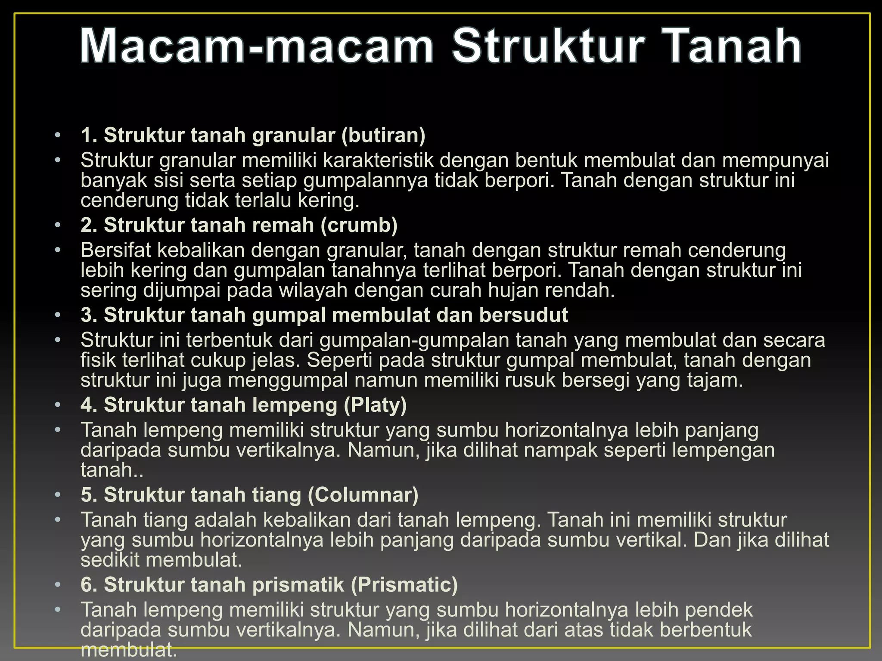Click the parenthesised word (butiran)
[383, 135]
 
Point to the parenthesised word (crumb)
[359, 225]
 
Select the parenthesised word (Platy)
[375, 405]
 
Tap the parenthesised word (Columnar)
[363, 495]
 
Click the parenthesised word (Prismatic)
[404, 585]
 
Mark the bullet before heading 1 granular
[58, 136]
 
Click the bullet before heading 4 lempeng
[58, 405]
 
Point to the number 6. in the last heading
[89, 585]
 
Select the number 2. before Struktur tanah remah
[89, 225]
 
